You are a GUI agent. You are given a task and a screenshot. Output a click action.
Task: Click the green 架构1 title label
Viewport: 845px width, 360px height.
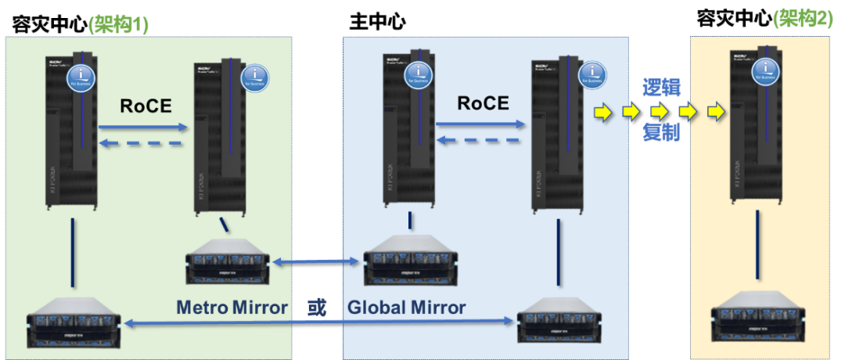click(x=119, y=25)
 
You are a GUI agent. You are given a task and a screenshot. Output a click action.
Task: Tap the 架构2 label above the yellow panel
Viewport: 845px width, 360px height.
click(x=803, y=19)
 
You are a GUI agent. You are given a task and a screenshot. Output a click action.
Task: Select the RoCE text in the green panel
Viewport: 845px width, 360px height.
click(x=146, y=106)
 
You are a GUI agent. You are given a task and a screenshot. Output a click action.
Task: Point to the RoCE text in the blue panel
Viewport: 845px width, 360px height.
click(x=483, y=103)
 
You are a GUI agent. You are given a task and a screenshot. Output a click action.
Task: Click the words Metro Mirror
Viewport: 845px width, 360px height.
click(x=231, y=308)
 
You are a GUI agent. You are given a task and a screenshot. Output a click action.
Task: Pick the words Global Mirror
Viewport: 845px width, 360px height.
click(x=406, y=308)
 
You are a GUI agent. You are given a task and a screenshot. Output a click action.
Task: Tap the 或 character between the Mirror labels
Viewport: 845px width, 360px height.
click(x=318, y=308)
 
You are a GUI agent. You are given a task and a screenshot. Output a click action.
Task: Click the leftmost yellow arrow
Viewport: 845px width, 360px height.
click(x=602, y=112)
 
